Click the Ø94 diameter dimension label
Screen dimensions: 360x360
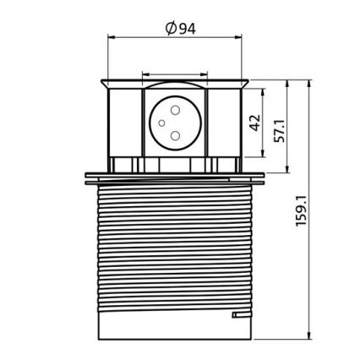click(x=180, y=28)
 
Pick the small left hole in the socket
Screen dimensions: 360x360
click(x=161, y=123)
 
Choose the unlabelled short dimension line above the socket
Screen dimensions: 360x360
click(x=176, y=73)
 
